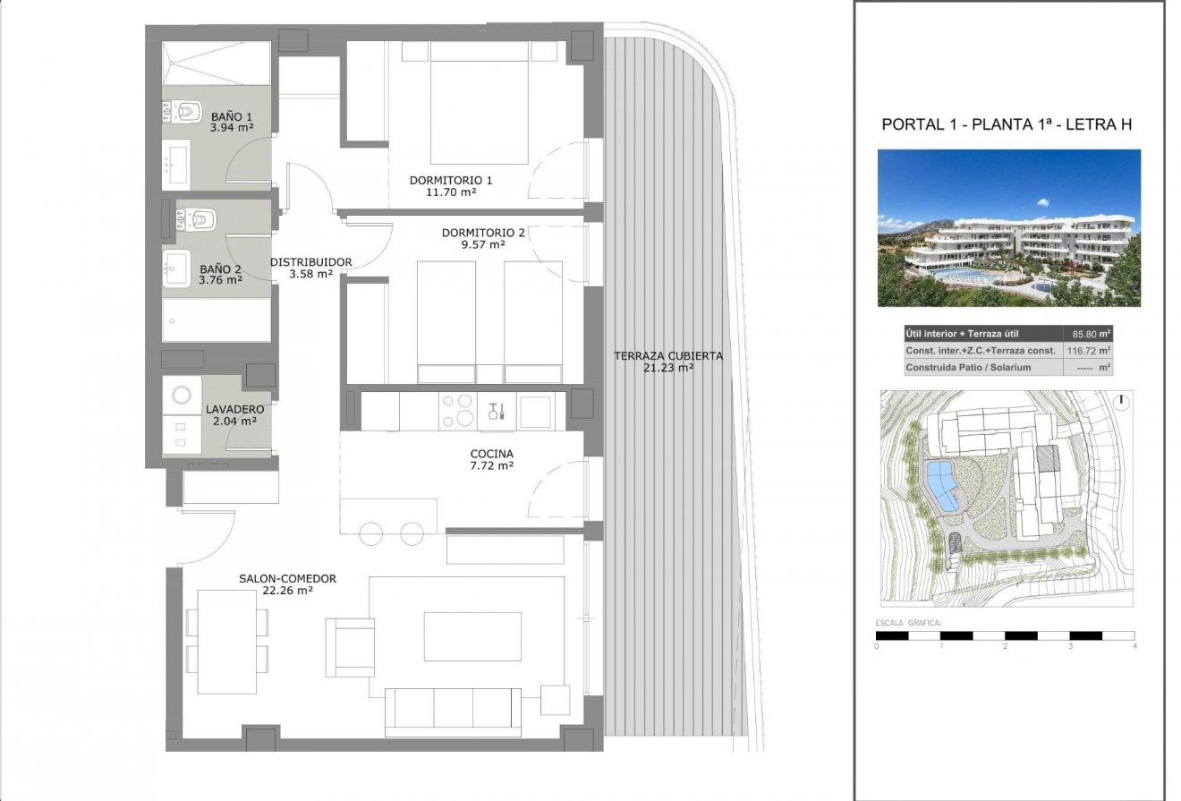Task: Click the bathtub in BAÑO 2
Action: [217, 320]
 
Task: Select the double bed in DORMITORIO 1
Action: [480, 102]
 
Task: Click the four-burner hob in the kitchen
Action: [458, 412]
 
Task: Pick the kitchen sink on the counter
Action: [537, 412]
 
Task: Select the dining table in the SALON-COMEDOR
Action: [227, 642]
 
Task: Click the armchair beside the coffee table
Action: [351, 647]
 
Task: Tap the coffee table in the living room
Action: [472, 636]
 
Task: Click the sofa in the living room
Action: [453, 711]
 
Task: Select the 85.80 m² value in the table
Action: [1091, 334]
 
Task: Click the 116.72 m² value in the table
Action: [1091, 351]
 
